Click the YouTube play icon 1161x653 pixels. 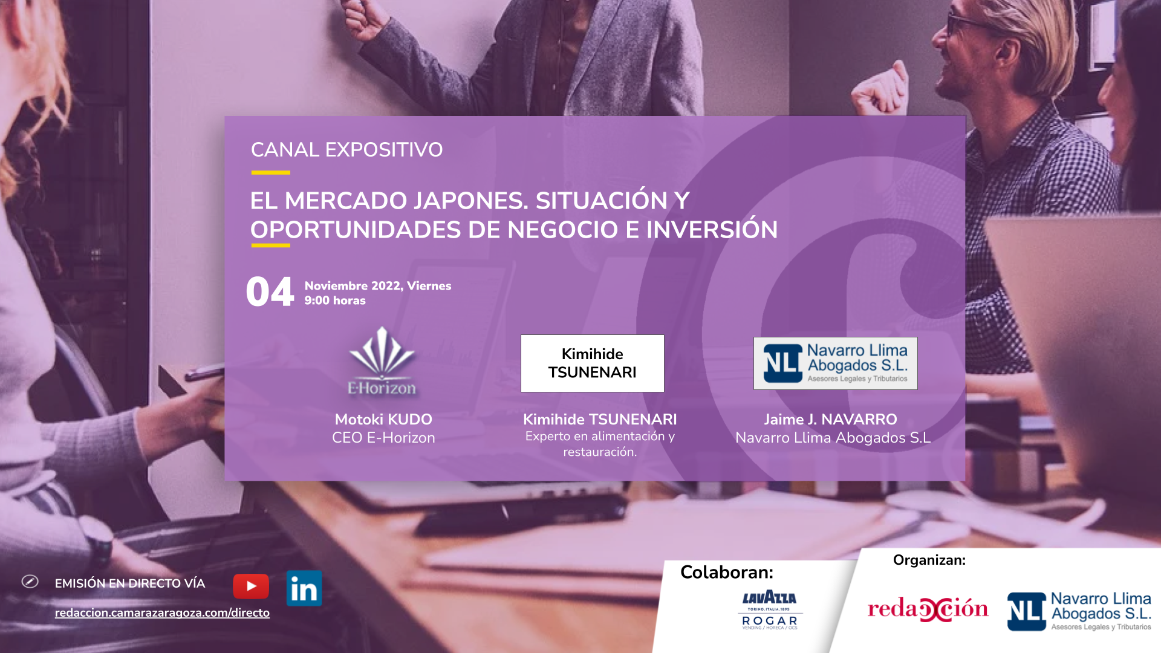251,586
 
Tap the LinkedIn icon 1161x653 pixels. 304,588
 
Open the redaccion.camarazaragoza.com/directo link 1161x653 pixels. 162,612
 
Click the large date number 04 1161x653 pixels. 270,292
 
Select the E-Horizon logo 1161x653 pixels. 382,362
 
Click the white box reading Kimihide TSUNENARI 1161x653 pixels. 593,363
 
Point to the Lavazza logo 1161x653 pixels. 770,600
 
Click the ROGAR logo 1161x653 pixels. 770,622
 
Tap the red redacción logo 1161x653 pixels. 928,609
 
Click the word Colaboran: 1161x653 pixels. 727,572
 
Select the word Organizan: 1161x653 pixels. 929,560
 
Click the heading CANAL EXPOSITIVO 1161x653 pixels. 346,149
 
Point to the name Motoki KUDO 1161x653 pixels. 383,419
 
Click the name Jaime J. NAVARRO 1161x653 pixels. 830,419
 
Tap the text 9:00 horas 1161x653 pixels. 335,301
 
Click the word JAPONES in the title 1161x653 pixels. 471,201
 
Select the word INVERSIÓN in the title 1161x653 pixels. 712,230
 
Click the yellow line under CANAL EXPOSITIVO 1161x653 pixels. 271,172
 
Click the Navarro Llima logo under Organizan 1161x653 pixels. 1079,611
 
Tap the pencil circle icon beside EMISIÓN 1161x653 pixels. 30,581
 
